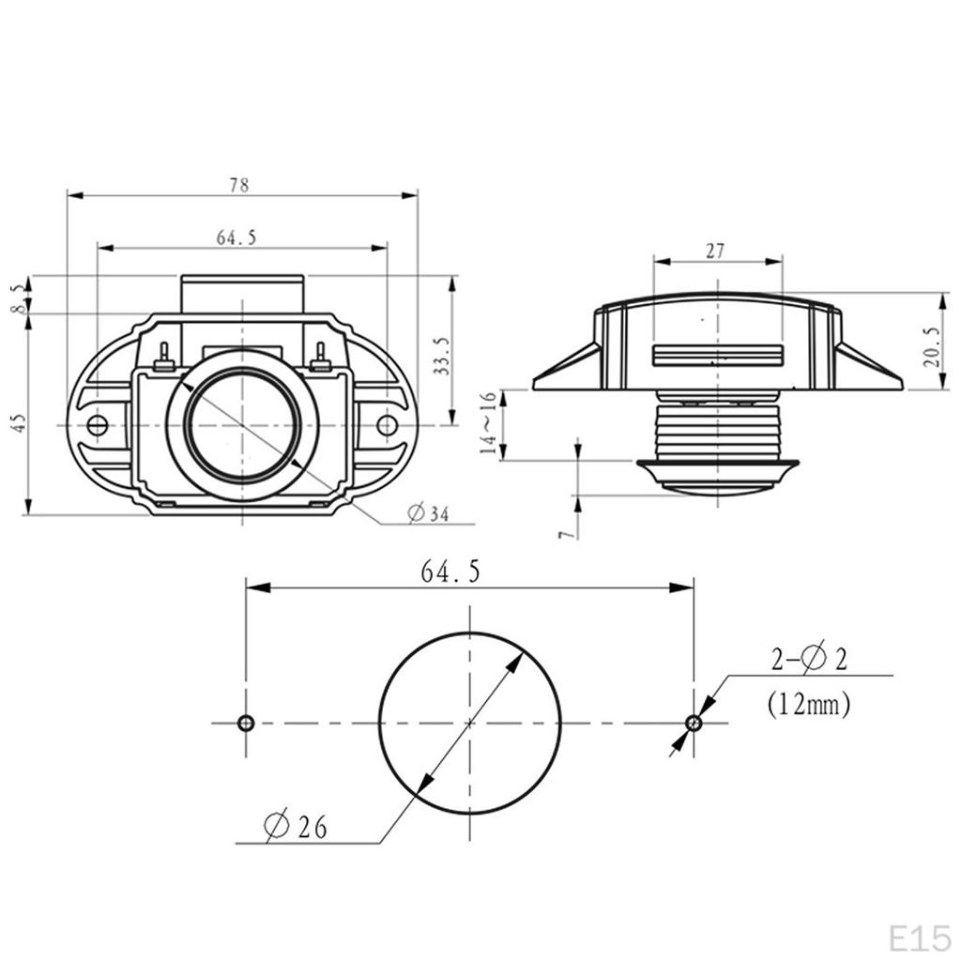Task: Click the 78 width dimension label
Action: coord(239,185)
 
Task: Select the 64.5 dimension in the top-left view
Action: coord(236,237)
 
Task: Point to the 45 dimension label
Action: coord(20,423)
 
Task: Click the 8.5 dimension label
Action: coord(20,298)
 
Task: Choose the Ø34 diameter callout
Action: coord(428,513)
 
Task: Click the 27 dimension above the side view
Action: coord(714,252)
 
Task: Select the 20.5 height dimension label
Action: coord(931,347)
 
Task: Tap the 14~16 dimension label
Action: coord(488,423)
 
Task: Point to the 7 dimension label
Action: coord(568,534)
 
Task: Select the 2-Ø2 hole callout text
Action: coord(809,659)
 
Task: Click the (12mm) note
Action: coord(808,704)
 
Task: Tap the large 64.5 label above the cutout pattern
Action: coord(450,572)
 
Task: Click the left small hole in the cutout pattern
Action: coord(246,724)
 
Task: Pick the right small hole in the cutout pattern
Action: coord(694,724)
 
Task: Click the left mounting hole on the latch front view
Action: coord(98,425)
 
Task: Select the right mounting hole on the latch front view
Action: coord(387,425)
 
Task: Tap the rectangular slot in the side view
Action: coord(718,356)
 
